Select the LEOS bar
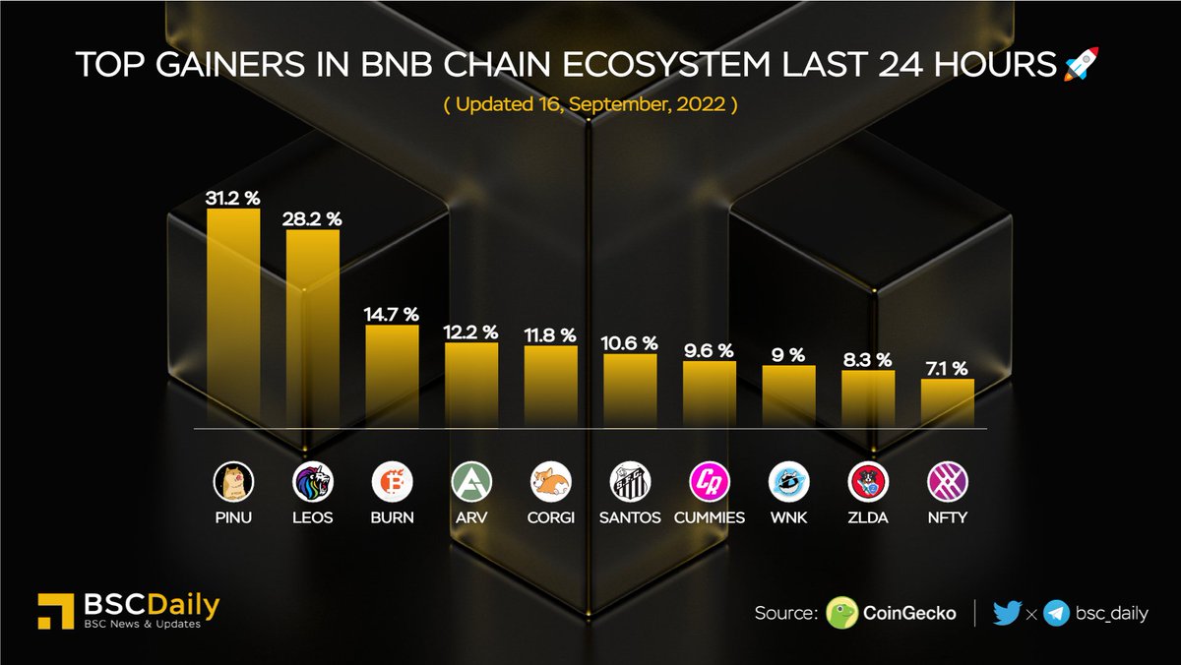313,329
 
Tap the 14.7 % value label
393,315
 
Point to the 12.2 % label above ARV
471,332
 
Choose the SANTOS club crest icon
630,481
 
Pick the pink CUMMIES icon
710,481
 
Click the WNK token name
789,517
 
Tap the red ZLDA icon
868,481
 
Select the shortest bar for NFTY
948,403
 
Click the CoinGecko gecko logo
842,613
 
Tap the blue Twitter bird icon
1007,613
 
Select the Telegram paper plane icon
1057,613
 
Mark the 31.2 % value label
233,198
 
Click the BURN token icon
393,481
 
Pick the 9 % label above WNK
789,355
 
